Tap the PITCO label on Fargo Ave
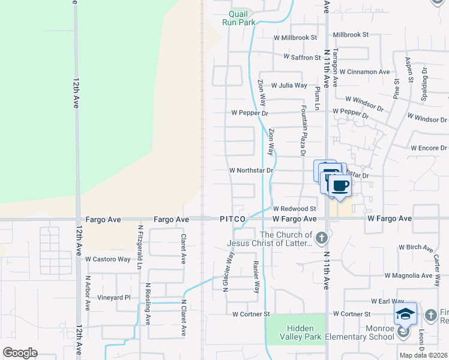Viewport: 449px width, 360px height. click(x=232, y=220)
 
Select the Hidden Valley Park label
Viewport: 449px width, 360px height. click(x=297, y=333)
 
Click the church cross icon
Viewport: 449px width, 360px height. click(x=322, y=238)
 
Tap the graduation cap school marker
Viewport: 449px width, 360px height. click(x=405, y=313)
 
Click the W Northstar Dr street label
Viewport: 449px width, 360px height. click(x=252, y=170)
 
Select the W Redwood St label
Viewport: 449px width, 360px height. click(x=295, y=208)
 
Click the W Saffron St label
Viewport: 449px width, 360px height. click(x=303, y=58)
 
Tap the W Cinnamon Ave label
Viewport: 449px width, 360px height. click(x=368, y=72)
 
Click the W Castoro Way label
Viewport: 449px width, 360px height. click(x=107, y=259)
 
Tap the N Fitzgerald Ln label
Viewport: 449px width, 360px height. click(x=140, y=246)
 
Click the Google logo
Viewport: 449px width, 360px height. click(x=20, y=353)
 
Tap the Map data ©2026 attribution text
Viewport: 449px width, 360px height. click(x=424, y=355)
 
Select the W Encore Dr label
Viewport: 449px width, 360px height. click(x=429, y=148)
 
